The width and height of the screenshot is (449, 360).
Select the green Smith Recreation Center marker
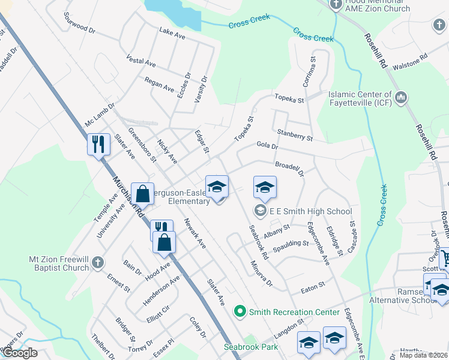[x=240, y=311]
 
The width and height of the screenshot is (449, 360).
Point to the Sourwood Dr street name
[x=79, y=22]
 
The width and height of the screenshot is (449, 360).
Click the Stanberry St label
[x=295, y=135]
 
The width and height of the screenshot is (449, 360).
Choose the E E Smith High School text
[x=310, y=211]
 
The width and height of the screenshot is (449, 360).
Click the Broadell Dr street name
[x=289, y=167]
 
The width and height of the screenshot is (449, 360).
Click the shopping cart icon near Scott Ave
[x=445, y=259]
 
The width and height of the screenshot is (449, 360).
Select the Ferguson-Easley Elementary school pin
[x=217, y=187]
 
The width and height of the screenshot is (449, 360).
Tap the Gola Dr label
[x=267, y=146]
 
